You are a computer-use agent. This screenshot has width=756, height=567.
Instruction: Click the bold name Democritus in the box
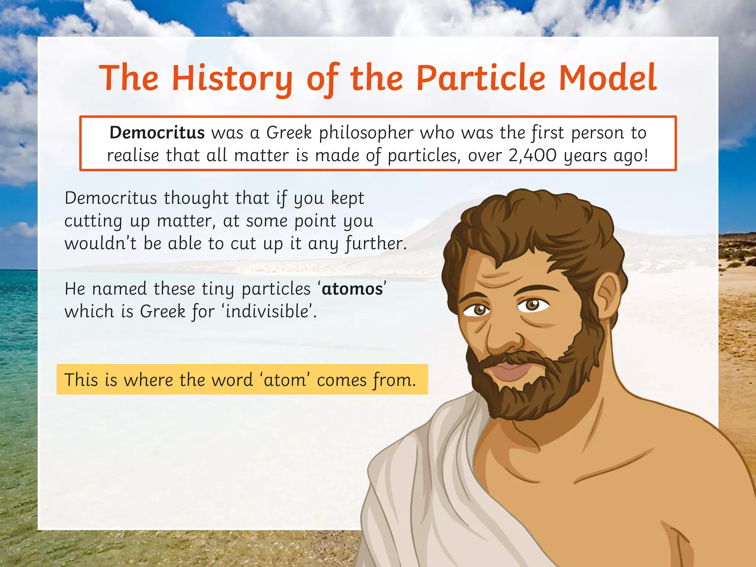(x=157, y=133)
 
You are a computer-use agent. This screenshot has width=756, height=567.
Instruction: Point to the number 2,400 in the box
(x=532, y=155)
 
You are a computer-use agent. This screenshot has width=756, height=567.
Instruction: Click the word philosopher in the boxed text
(x=366, y=133)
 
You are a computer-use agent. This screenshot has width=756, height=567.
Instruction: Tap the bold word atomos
(x=352, y=289)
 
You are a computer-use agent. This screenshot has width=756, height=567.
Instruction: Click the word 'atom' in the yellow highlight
(x=285, y=379)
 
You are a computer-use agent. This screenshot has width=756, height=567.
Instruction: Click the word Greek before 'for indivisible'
(x=162, y=311)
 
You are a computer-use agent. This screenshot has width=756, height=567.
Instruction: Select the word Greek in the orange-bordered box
(x=289, y=133)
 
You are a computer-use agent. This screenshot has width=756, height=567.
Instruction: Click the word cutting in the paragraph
(x=93, y=221)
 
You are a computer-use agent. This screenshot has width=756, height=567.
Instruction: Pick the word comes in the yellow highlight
(x=341, y=380)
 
